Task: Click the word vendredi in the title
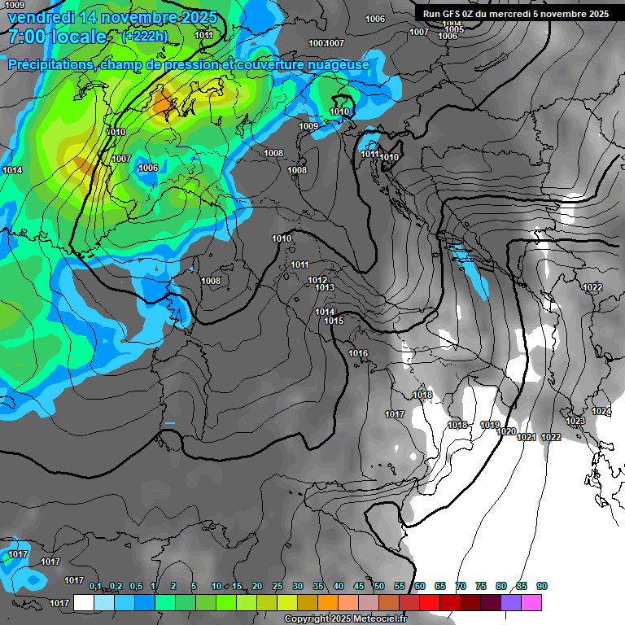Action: pyautogui.click(x=41, y=17)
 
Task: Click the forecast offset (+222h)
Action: pyautogui.click(x=145, y=36)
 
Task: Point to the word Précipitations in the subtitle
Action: pyautogui.click(x=50, y=64)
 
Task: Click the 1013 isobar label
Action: pyautogui.click(x=325, y=287)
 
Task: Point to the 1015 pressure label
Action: pyautogui.click(x=334, y=321)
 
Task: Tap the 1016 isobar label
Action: pyautogui.click(x=358, y=353)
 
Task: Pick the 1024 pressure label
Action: pyautogui.click(x=601, y=411)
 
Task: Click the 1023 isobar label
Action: pyautogui.click(x=575, y=421)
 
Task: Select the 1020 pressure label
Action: pyautogui.click(x=506, y=431)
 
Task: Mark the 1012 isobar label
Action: pyautogui.click(x=317, y=280)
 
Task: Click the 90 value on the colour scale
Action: pyautogui.click(x=541, y=586)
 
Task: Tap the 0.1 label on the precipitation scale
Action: pyautogui.click(x=95, y=586)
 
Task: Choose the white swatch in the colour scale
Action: pyautogui.click(x=83, y=602)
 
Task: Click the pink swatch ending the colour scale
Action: pyautogui.click(x=531, y=602)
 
